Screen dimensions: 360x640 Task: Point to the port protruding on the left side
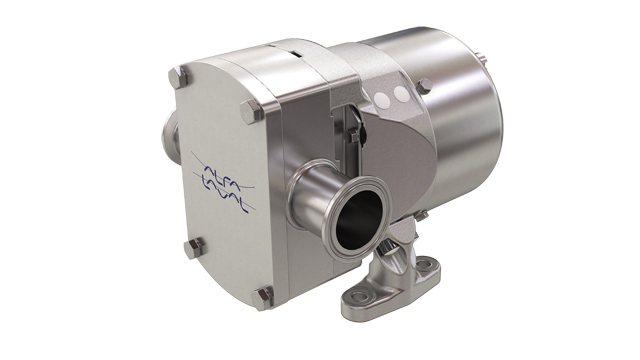point(163,134)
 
